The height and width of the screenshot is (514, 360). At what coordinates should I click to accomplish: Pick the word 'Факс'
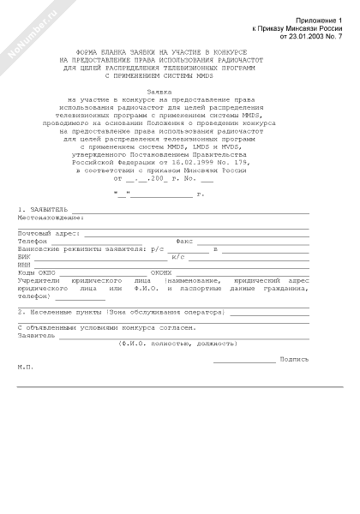(x=184, y=241)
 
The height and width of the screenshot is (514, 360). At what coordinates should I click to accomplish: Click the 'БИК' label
(x=24, y=256)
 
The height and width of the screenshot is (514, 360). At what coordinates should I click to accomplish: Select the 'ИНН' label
(x=24, y=264)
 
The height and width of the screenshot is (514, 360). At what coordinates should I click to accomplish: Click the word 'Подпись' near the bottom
(x=294, y=358)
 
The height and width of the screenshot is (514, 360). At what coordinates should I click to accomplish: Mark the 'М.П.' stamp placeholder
(x=26, y=366)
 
